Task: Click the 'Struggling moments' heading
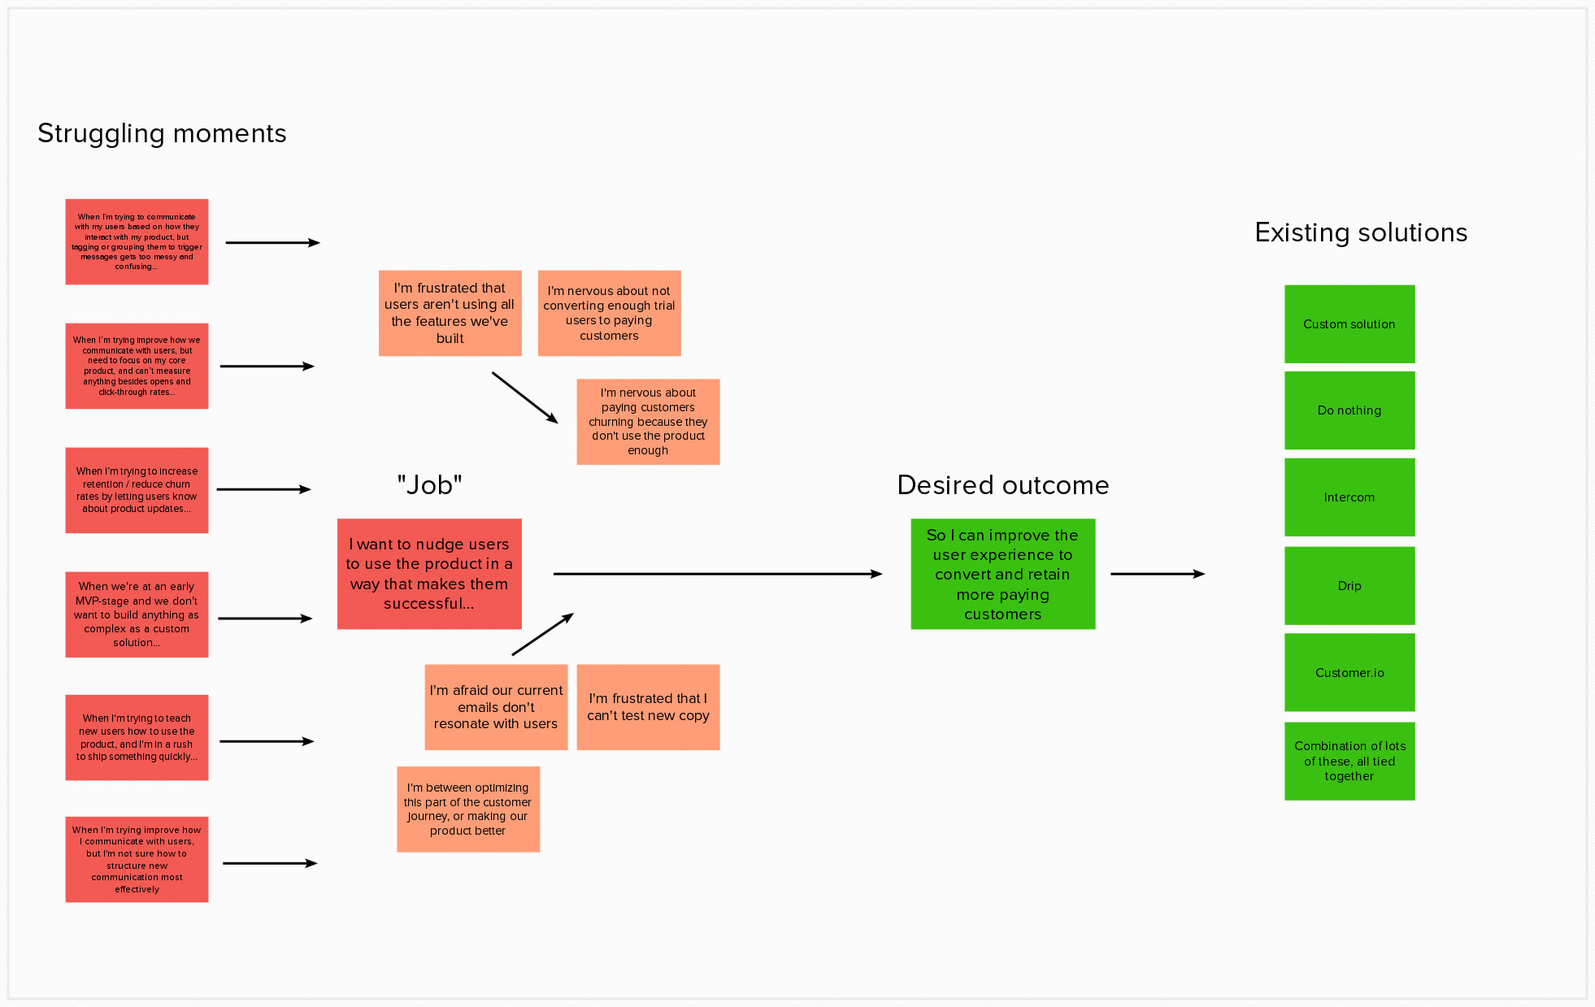tap(162, 133)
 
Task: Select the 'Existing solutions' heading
tap(1361, 233)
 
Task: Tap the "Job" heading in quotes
tap(429, 485)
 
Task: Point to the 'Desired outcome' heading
tap(1002, 485)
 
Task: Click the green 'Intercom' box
tap(1349, 497)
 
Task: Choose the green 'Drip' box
tap(1349, 586)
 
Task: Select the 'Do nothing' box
tap(1349, 410)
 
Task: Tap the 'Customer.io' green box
tap(1349, 673)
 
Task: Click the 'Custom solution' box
tap(1349, 324)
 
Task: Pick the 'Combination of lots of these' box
tap(1349, 762)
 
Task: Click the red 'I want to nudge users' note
tap(429, 574)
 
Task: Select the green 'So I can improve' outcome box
tap(1002, 574)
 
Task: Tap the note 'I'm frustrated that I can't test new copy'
tap(648, 707)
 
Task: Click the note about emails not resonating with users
tap(496, 707)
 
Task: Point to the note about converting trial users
tap(609, 313)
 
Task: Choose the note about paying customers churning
tap(648, 422)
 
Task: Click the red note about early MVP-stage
tap(137, 614)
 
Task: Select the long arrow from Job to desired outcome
tap(715, 574)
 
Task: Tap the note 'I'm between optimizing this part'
tap(467, 810)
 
